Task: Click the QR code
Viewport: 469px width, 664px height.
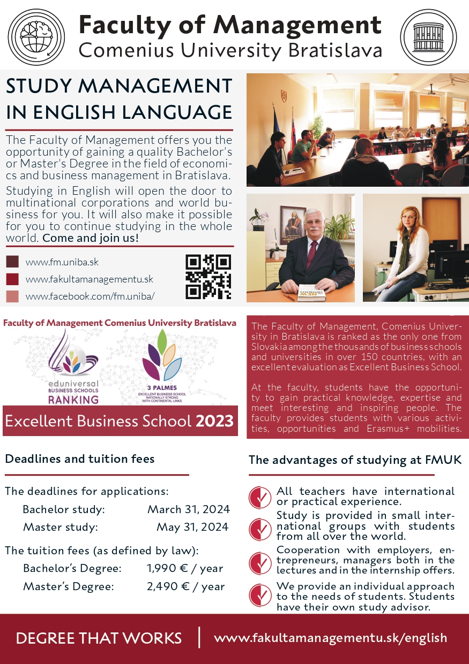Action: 209,277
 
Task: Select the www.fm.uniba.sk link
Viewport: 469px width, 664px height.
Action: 62,262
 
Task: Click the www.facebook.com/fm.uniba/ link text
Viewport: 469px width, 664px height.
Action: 90,296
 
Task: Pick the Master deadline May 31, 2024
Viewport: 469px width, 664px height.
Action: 192,527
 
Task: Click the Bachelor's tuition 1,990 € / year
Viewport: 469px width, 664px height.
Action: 185,568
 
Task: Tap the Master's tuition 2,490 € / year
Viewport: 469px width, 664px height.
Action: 185,586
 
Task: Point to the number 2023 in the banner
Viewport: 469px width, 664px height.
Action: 214,421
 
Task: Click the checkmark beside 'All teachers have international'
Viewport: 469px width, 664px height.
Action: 260,497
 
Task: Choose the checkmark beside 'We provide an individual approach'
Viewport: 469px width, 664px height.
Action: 260,596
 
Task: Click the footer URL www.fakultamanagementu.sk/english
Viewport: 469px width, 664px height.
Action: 330,638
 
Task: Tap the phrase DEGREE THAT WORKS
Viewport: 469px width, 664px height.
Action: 99,638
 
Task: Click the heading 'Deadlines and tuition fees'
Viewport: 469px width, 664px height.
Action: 79,459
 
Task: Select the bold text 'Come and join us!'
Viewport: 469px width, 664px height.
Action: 91,238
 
